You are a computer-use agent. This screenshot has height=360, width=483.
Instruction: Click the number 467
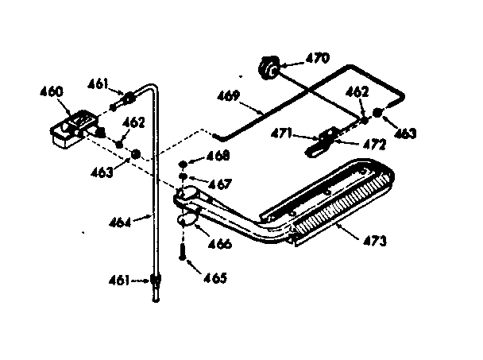point(220,184)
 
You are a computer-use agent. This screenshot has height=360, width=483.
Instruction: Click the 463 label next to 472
point(404,134)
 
